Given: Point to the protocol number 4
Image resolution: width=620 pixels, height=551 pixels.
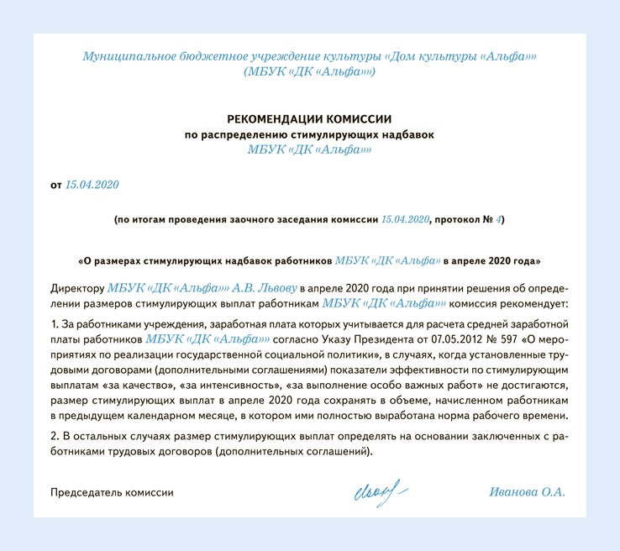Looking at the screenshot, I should tap(498, 219).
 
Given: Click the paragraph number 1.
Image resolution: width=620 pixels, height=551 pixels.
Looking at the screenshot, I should tap(53, 323).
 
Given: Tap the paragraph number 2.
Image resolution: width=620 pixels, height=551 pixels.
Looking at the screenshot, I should tap(53, 435).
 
